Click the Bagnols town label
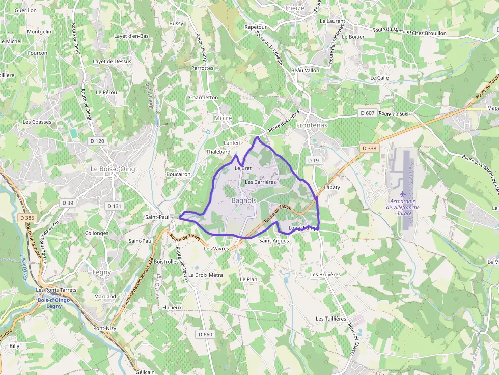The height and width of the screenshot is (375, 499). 243,201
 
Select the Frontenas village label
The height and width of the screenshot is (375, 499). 312,125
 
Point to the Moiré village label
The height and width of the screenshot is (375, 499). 223,118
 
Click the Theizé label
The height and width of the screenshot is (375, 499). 294,8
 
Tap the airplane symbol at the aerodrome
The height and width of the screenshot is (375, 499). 404,194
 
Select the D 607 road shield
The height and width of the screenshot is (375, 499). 367,112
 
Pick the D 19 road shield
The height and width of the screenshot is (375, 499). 313,160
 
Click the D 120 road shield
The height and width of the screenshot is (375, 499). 97,141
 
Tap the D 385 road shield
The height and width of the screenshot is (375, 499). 28,218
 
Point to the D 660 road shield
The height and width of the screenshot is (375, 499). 205,334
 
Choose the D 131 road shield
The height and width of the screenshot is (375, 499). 114,206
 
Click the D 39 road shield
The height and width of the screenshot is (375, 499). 68,203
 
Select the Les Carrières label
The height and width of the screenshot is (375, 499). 260,182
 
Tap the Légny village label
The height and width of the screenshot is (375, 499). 102,272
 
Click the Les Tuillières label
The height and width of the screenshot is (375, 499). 330,319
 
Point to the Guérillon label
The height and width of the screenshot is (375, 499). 25,10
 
